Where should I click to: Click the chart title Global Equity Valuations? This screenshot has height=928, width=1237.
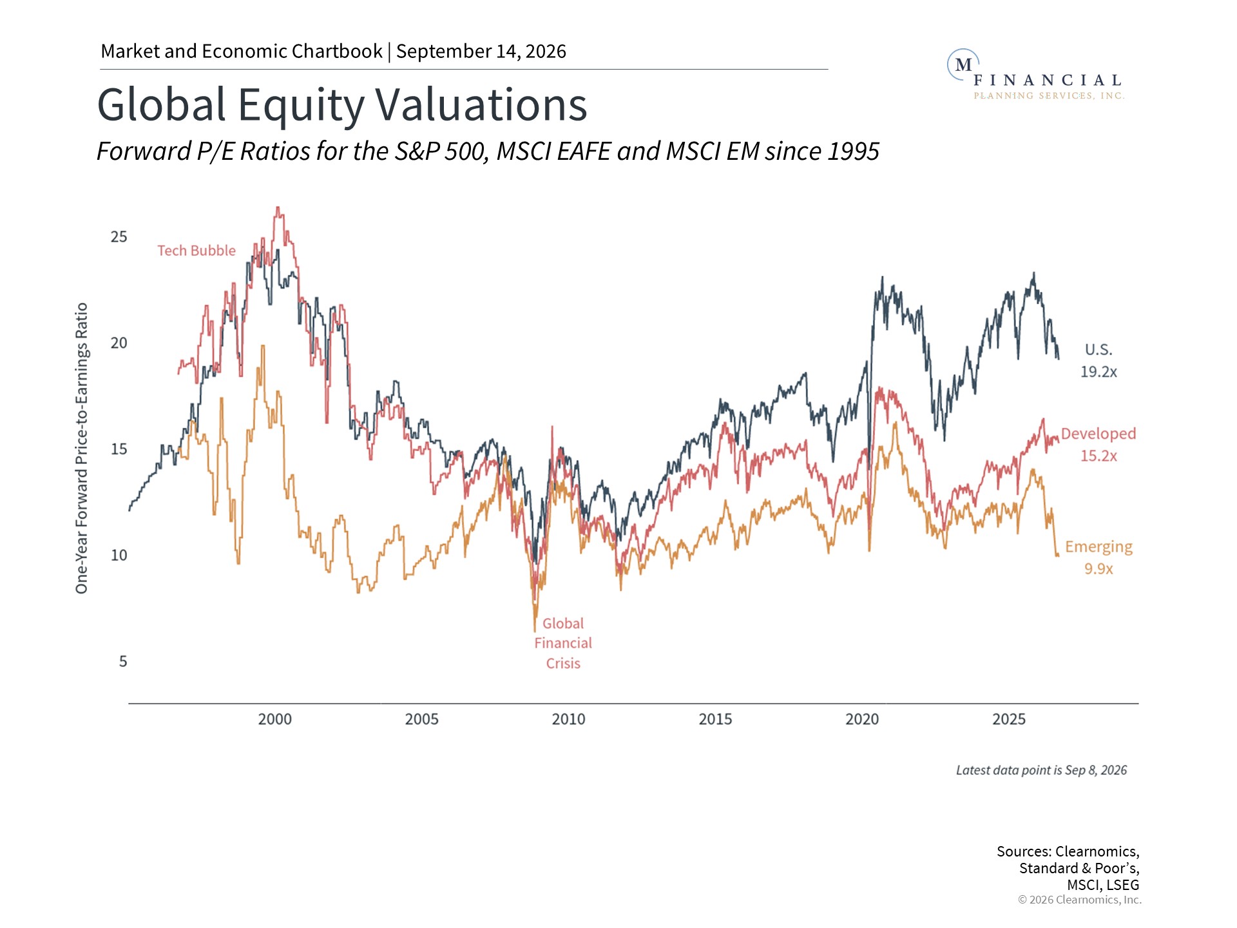[341, 105]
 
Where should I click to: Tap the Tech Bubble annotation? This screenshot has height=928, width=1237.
[197, 251]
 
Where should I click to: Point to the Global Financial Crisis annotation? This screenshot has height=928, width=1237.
[563, 643]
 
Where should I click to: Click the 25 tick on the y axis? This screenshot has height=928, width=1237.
[119, 237]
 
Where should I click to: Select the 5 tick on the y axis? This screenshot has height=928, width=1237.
[123, 662]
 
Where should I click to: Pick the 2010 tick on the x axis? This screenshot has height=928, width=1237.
[568, 719]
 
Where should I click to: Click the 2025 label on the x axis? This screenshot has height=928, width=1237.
[1009, 719]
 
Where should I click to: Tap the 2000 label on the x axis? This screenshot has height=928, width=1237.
[275, 719]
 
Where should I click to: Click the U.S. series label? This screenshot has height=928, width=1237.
[1098, 350]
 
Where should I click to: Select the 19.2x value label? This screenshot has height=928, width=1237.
[1098, 372]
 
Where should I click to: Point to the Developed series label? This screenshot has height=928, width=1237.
[1098, 434]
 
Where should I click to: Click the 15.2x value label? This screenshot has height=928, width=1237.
[1098, 456]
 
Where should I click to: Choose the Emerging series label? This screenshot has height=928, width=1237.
[1098, 547]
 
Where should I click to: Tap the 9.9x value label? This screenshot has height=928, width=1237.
[1098, 569]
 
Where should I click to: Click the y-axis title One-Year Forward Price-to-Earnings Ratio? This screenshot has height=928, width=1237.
[82, 449]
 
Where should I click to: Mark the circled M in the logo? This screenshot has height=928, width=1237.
[963, 65]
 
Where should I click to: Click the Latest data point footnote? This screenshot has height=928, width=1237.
[1042, 771]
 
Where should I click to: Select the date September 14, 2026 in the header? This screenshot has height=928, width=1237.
[481, 52]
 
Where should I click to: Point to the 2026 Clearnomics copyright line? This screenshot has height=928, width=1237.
[1080, 900]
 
